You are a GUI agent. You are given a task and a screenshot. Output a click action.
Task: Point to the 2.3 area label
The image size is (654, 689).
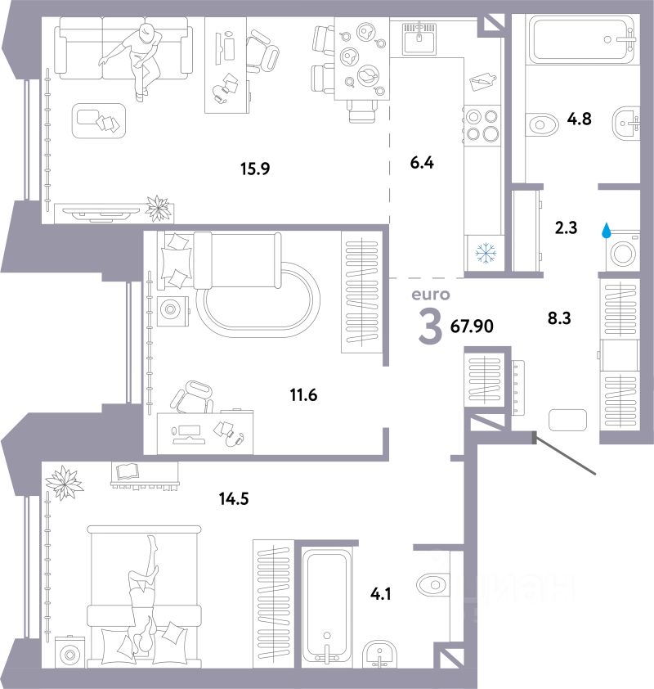tap(566, 229)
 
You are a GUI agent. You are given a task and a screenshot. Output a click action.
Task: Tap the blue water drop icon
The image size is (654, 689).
tap(607, 232)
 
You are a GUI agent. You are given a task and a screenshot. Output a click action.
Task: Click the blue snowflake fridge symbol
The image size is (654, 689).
tap(486, 254)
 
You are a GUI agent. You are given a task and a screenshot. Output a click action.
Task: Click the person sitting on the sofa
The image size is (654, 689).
tap(138, 57)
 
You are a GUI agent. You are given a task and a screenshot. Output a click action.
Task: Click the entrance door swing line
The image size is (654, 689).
tap(565, 454)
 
